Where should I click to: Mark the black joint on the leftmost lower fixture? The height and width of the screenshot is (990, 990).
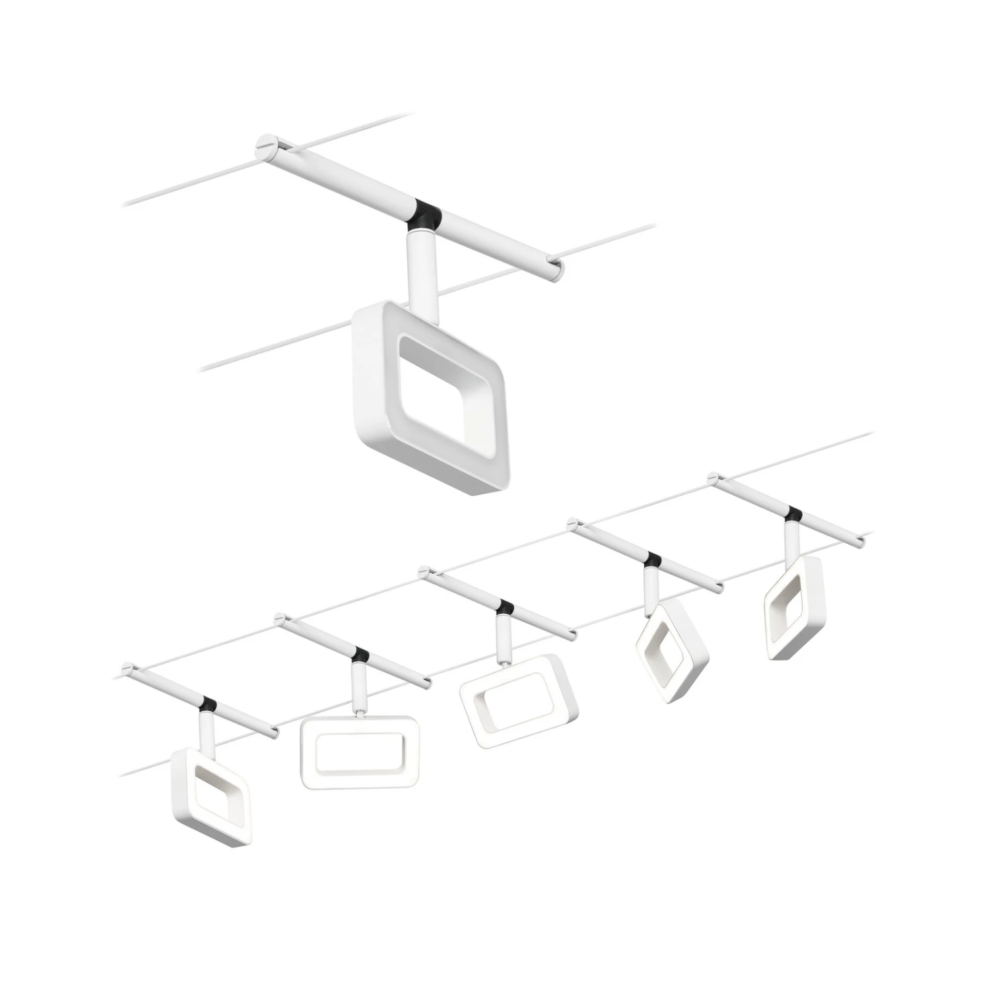coord(209,704)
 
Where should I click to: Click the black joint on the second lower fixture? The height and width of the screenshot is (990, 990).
coord(360,655)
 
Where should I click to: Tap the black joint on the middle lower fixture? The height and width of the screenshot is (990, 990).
coord(506,607)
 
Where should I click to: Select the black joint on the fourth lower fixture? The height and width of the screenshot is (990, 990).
coord(653,560)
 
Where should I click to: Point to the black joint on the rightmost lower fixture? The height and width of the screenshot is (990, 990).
coord(793,513)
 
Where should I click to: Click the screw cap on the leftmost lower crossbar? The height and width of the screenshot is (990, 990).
coord(127,668)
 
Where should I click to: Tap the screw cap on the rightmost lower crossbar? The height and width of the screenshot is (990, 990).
coord(713,477)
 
